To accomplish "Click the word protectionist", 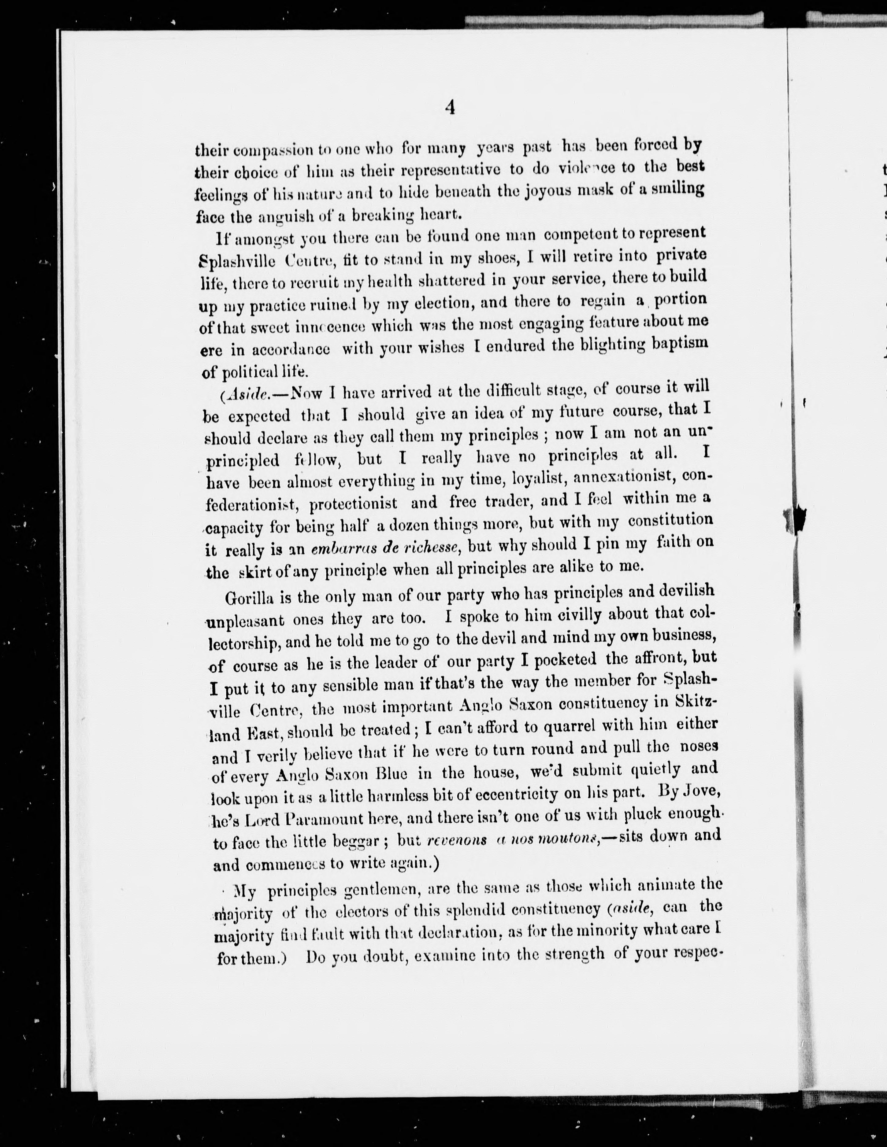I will (x=353, y=504).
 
